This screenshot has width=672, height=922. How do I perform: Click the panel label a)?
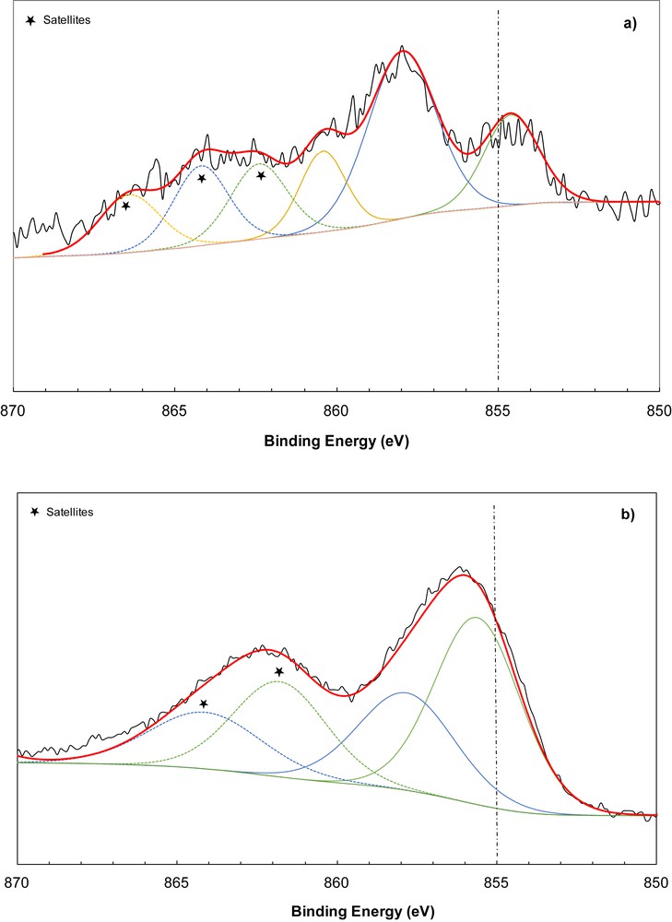[x=631, y=25]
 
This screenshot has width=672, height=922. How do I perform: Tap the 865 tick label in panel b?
[x=177, y=881]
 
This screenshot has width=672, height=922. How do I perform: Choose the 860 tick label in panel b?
[x=337, y=881]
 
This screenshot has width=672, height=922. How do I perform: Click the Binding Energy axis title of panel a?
[x=336, y=441]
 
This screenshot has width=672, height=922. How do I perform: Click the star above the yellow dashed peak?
[x=126, y=206]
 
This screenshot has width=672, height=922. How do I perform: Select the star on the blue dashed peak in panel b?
[x=204, y=704]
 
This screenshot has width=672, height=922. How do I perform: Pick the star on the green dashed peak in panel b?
[x=278, y=673]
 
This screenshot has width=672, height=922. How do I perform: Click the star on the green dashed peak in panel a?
[x=262, y=175]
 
